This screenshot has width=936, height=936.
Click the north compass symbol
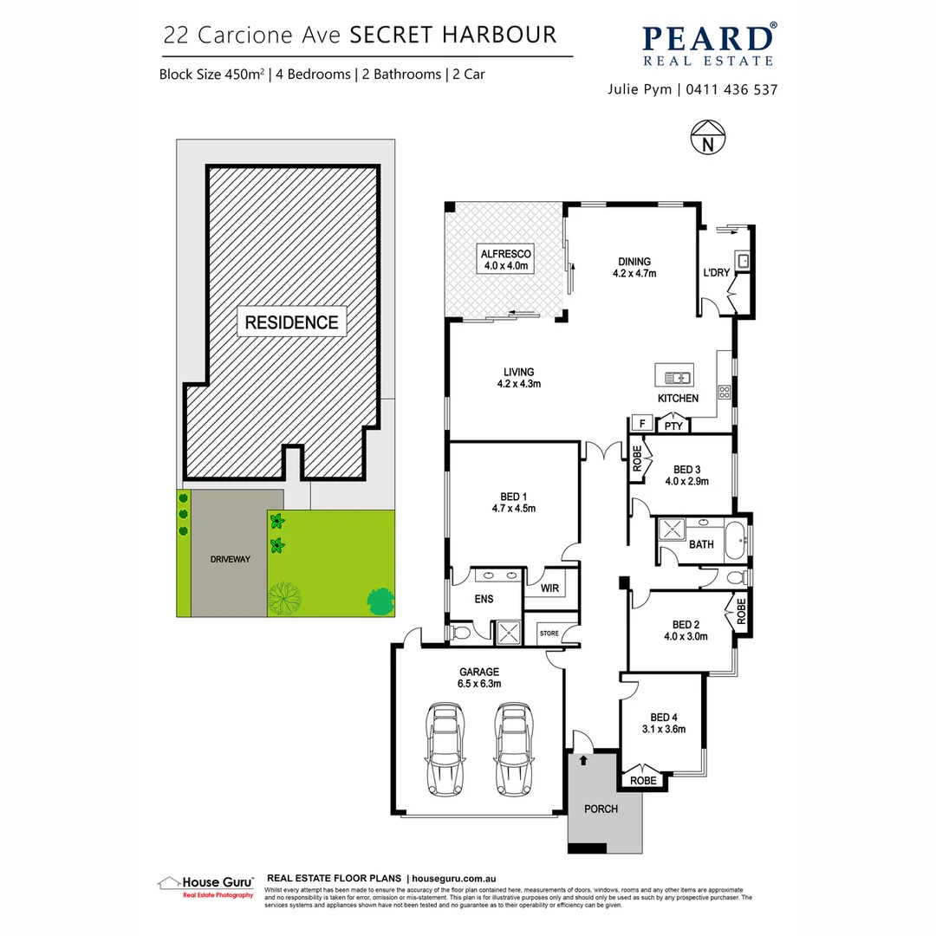pyautogui.click(x=709, y=137)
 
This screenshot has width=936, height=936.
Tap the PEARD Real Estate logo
pyautogui.click(x=708, y=45)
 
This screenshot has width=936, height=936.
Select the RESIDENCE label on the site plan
pyautogui.click(x=291, y=322)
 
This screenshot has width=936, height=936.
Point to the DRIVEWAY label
pyautogui.click(x=230, y=559)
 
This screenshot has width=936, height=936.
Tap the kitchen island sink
pyautogui.click(x=675, y=377)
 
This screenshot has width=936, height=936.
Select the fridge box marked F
pyautogui.click(x=641, y=424)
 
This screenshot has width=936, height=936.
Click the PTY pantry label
pyautogui.click(x=673, y=426)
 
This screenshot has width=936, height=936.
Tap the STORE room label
pyautogui.click(x=549, y=633)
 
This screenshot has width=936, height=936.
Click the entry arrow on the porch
pyautogui.click(x=583, y=760)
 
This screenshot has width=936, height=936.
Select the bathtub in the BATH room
pyautogui.click(x=735, y=538)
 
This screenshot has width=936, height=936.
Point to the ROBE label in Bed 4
pyautogui.click(x=642, y=780)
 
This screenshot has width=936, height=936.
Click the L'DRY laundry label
pyautogui.click(x=716, y=273)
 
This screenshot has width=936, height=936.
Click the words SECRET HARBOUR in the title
pyautogui.click(x=452, y=35)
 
